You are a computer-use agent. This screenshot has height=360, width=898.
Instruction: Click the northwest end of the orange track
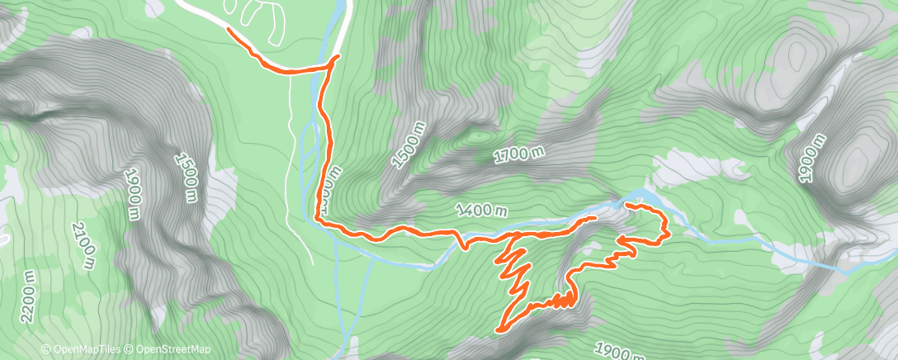(x=227, y=30)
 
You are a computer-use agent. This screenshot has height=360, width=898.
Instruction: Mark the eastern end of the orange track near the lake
(x=628, y=203)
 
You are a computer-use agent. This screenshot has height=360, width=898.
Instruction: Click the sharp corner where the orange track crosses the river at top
(x=337, y=57)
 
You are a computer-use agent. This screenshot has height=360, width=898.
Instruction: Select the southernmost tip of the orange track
(x=498, y=330)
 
